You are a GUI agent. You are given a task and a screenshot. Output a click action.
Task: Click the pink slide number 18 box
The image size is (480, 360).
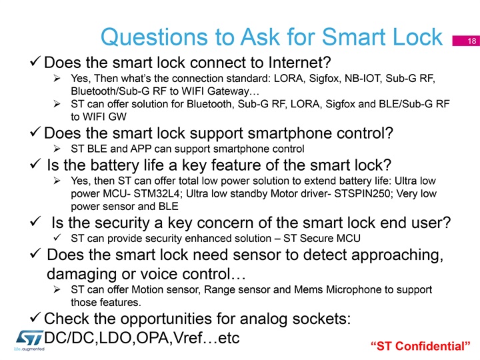point(466,41)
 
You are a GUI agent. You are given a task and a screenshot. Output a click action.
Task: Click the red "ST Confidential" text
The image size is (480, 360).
point(420,346)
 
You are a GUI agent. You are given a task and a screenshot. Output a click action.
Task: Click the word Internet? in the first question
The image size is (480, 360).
point(300,63)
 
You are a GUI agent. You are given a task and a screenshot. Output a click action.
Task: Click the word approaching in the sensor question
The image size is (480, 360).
point(397,255)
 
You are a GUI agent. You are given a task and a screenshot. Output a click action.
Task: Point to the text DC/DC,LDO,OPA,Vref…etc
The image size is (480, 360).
point(141,338)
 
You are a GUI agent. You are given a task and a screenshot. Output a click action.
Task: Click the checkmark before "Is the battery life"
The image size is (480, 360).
point(35,163)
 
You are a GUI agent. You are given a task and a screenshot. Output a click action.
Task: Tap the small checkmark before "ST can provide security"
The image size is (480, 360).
point(57,237)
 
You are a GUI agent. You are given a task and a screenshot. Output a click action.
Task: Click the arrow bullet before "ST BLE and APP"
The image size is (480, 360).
point(57,149)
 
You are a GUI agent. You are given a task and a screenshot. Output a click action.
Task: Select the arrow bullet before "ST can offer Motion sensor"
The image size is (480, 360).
point(57,289)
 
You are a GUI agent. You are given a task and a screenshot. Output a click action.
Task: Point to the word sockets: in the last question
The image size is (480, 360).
point(321,319)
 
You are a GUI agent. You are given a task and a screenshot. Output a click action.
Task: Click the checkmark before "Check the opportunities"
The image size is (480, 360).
point(35,317)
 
